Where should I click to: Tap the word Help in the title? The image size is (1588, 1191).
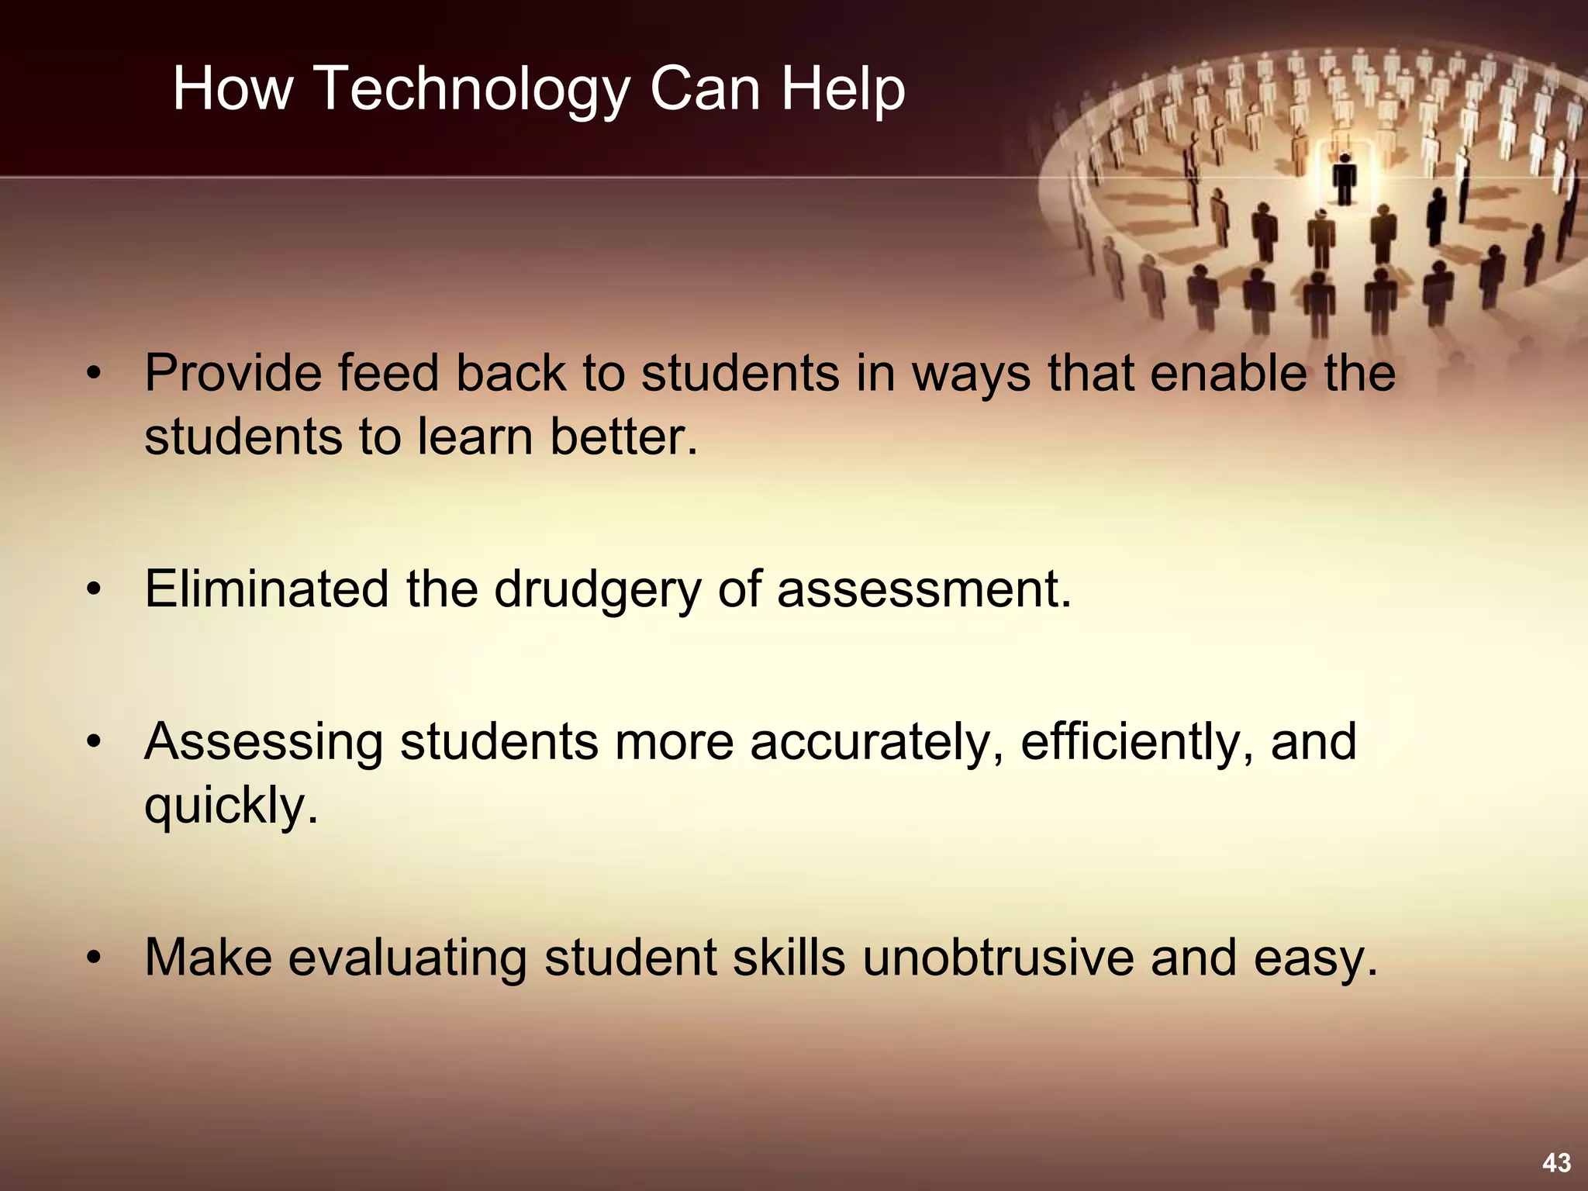(x=843, y=89)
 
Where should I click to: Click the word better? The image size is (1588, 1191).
(x=624, y=437)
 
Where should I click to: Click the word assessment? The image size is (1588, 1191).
(x=923, y=589)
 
